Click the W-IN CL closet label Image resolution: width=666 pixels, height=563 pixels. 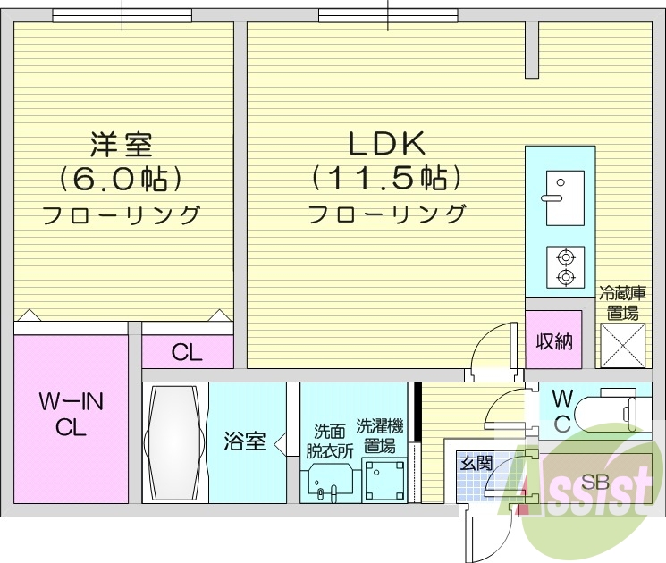[71, 415]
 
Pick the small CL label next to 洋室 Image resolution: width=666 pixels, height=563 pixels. [187, 352]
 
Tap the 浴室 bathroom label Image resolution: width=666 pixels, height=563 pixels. [244, 441]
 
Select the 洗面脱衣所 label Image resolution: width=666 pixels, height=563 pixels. [331, 439]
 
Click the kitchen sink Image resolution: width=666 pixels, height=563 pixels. [564, 198]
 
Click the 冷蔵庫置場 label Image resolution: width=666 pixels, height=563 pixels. [622, 302]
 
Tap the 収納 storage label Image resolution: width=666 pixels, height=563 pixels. [553, 341]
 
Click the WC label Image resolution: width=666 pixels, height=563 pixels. [561, 410]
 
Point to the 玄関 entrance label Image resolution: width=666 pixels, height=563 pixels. [476, 463]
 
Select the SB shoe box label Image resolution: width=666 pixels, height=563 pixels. [594, 482]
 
